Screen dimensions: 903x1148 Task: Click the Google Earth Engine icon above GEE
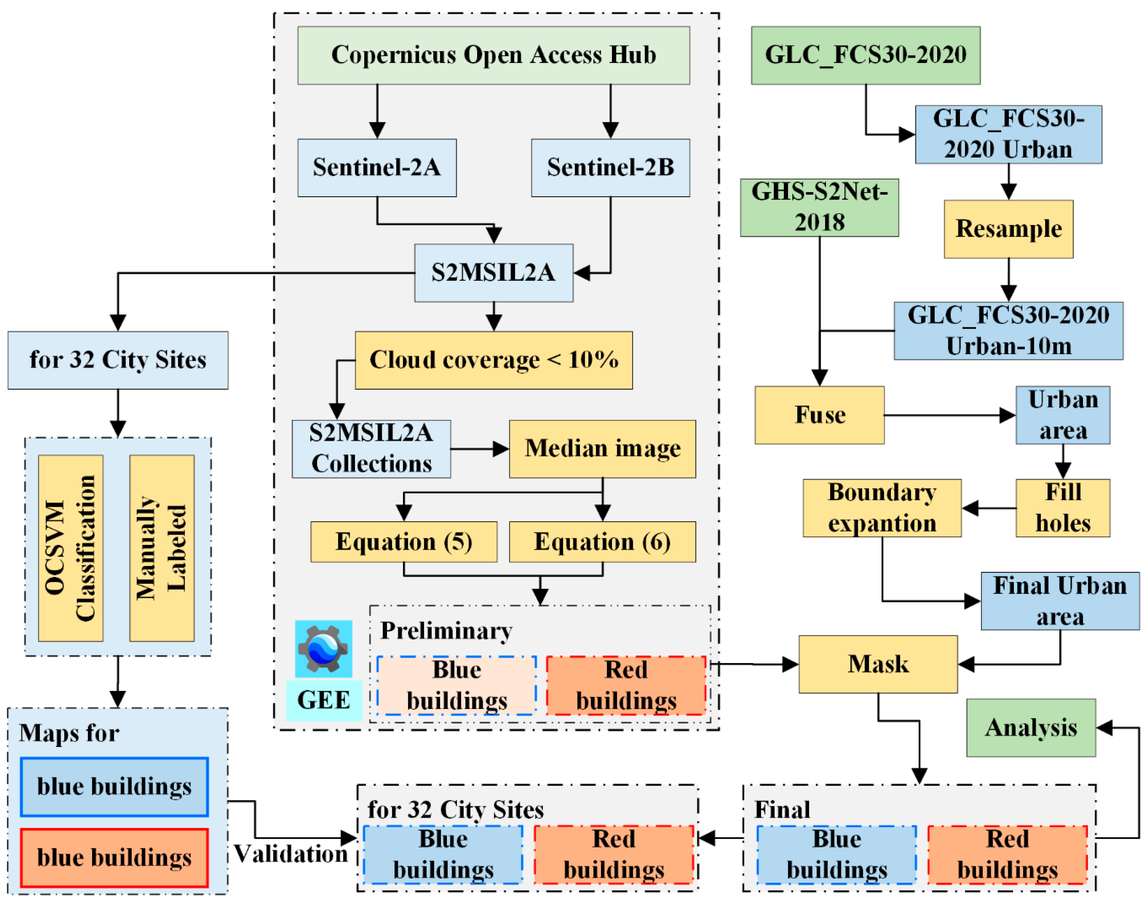(x=324, y=649)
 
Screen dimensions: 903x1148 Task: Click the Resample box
(x=1008, y=229)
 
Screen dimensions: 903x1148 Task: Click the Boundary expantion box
(x=882, y=508)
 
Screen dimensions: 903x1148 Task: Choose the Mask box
(x=878, y=664)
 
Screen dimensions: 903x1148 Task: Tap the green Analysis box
(x=1031, y=728)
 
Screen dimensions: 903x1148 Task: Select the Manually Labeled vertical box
(x=162, y=548)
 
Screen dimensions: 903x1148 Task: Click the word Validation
(x=291, y=854)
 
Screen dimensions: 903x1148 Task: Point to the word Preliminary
(x=446, y=631)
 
